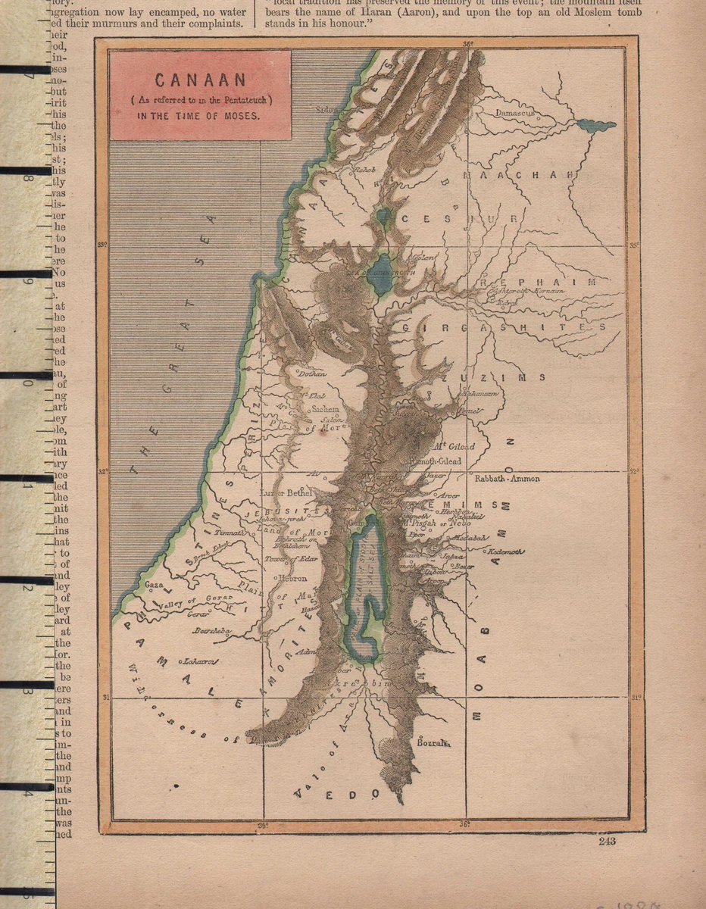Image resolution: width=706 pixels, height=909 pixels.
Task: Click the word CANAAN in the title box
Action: [x=200, y=80]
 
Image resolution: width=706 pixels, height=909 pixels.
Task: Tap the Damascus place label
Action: [x=515, y=113]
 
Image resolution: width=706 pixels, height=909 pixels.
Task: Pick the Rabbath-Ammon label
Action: [x=507, y=479]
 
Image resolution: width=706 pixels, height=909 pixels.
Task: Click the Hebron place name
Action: [x=292, y=577]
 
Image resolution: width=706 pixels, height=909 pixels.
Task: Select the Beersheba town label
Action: [x=211, y=629]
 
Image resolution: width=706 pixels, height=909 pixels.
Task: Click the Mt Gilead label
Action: [x=451, y=446]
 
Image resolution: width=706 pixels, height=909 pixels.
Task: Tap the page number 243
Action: [x=607, y=841]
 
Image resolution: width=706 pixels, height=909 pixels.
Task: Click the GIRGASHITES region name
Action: [x=504, y=327]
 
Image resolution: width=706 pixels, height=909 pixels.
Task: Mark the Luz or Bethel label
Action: [x=286, y=493]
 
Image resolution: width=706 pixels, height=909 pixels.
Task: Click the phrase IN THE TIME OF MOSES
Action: [x=198, y=117]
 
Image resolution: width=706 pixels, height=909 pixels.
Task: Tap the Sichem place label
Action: [x=326, y=409]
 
